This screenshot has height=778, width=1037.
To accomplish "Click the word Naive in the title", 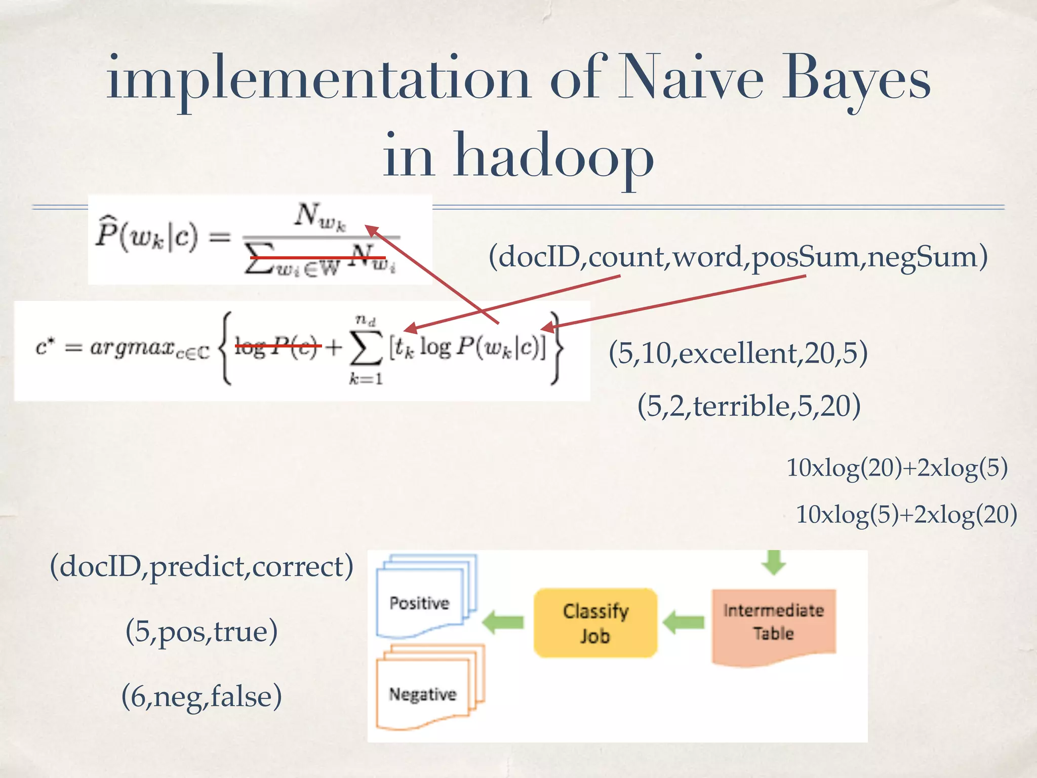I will (x=691, y=79).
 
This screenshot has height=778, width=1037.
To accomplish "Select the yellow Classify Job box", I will (x=595, y=623).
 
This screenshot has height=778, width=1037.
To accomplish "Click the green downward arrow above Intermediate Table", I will (x=773, y=562).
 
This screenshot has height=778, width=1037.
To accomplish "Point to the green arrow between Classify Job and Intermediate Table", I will (x=684, y=622).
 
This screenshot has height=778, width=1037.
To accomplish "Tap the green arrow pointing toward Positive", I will (x=503, y=622).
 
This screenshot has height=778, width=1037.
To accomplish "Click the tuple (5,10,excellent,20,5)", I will (x=738, y=353).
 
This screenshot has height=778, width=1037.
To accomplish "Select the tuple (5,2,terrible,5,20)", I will (x=748, y=406).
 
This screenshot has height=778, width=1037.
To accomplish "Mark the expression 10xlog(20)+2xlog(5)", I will (x=896, y=468).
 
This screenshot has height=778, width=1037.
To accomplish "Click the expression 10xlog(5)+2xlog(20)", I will (x=906, y=515).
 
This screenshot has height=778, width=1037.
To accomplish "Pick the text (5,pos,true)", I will (x=202, y=632).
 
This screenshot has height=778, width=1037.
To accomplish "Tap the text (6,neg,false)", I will (x=202, y=696).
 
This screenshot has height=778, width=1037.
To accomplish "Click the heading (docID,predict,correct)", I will (x=202, y=567).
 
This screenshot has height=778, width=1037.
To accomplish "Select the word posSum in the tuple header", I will (x=805, y=257).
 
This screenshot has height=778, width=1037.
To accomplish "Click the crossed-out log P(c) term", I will (x=277, y=347).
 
